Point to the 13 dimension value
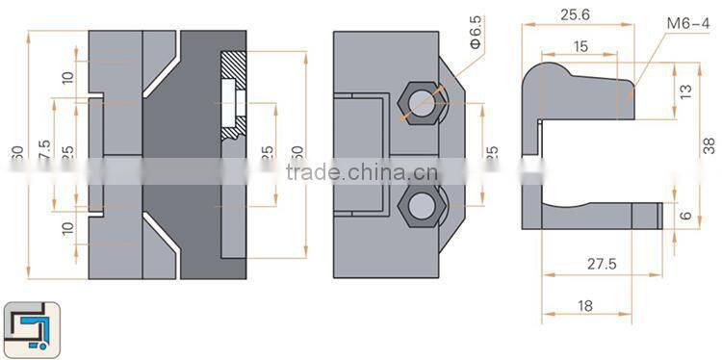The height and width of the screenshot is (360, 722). [x=684, y=90]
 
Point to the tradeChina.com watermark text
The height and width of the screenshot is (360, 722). [x=362, y=174]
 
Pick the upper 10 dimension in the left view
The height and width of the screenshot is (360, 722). [x=68, y=77]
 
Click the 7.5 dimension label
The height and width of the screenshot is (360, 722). [x=45, y=151]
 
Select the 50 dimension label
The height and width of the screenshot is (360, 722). [x=297, y=154]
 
